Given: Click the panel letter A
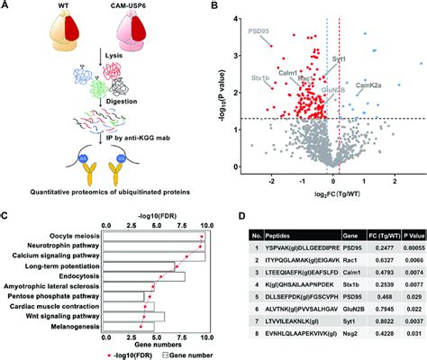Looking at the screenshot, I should [7, 7].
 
